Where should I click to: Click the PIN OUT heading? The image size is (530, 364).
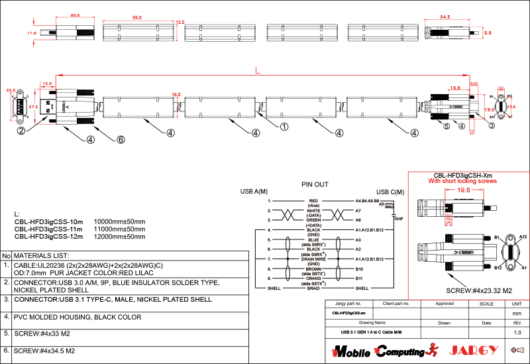point(315,184)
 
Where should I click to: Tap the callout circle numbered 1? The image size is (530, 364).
point(284,126)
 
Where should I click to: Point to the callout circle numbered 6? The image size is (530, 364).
point(121,140)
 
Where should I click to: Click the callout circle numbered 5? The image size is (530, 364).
point(447,126)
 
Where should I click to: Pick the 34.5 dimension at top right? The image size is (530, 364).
point(445,17)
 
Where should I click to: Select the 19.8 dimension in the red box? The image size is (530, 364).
point(463,190)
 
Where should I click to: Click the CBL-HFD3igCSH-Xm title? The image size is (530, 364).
point(462,174)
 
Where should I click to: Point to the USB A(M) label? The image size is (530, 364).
point(254,192)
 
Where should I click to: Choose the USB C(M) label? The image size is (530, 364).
point(390,192)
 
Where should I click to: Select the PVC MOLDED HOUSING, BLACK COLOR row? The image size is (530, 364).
point(78,317)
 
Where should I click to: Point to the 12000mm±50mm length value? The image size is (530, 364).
point(120,236)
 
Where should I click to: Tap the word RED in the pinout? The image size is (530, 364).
point(313,200)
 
